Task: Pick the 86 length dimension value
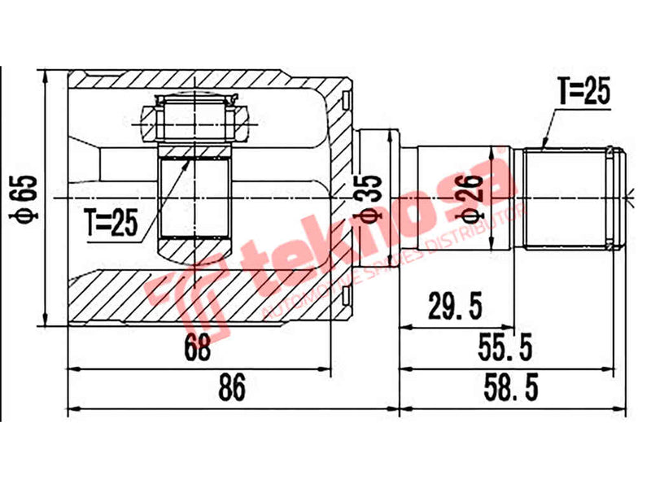coord(232,390)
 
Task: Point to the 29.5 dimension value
coord(456,308)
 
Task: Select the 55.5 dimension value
coord(505,348)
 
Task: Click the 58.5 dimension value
coord(510,390)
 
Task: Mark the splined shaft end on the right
coord(574,198)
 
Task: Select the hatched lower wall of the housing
coord(203,297)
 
